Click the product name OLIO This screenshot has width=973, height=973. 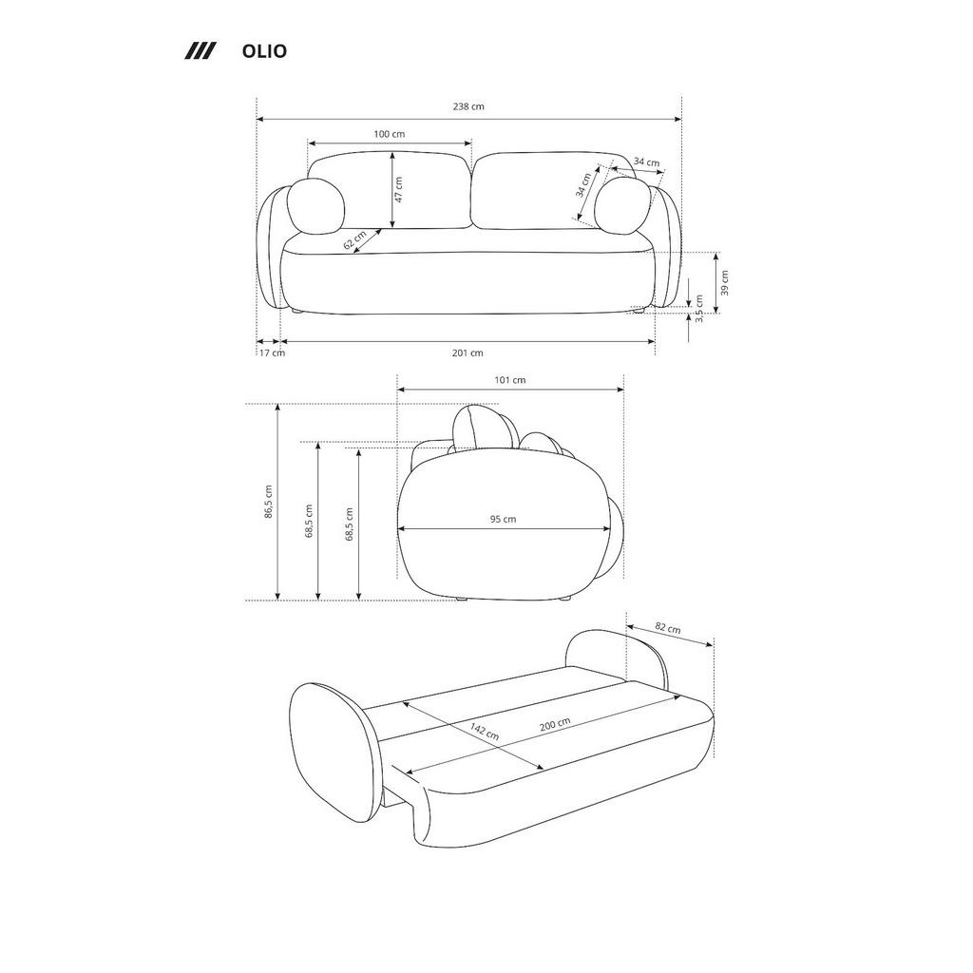(x=264, y=51)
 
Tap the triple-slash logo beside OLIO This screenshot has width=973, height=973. (x=200, y=51)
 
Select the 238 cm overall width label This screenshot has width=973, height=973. (x=468, y=106)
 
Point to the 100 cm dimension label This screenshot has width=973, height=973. (x=389, y=134)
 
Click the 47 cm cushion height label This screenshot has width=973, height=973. (x=399, y=190)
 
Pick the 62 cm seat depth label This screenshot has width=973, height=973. (x=354, y=241)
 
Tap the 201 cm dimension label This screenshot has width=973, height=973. (x=467, y=353)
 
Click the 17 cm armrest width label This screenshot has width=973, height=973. (x=272, y=353)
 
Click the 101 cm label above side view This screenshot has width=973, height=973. (x=510, y=380)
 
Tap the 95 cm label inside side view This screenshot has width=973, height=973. (x=503, y=520)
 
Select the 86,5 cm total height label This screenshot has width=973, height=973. (x=269, y=501)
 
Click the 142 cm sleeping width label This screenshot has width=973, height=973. (x=485, y=733)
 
